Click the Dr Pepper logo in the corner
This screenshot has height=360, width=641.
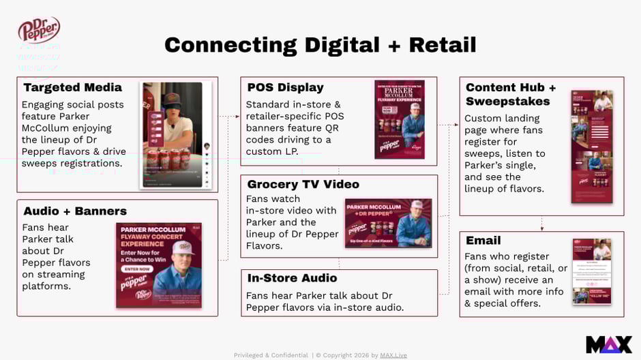click(x=39, y=30)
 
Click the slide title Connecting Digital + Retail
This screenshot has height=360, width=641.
click(x=320, y=45)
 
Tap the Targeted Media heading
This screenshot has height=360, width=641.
click(x=72, y=87)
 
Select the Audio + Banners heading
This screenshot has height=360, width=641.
click(x=75, y=211)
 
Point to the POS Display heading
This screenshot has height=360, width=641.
click(x=285, y=87)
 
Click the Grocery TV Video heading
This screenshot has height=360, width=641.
click(x=303, y=184)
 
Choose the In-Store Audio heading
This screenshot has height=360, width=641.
click(x=292, y=278)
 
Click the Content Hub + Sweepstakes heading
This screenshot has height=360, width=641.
click(x=511, y=94)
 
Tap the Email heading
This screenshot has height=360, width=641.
click(x=483, y=241)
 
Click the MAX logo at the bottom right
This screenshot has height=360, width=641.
click(x=608, y=344)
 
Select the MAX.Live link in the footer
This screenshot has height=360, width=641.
click(x=393, y=355)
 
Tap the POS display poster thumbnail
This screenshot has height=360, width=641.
click(x=400, y=119)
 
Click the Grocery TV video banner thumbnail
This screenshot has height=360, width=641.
click(x=388, y=222)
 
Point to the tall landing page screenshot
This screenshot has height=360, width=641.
click(x=591, y=147)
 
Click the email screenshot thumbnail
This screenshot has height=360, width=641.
click(x=591, y=271)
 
